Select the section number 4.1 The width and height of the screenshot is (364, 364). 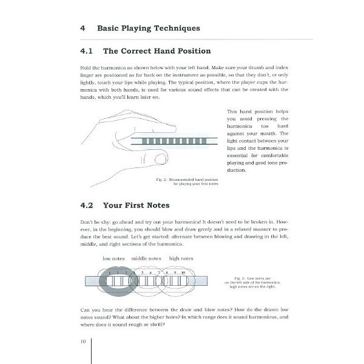click(x=87, y=51)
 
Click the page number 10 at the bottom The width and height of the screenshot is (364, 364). click(x=83, y=341)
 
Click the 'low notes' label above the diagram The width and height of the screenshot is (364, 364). click(x=114, y=258)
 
